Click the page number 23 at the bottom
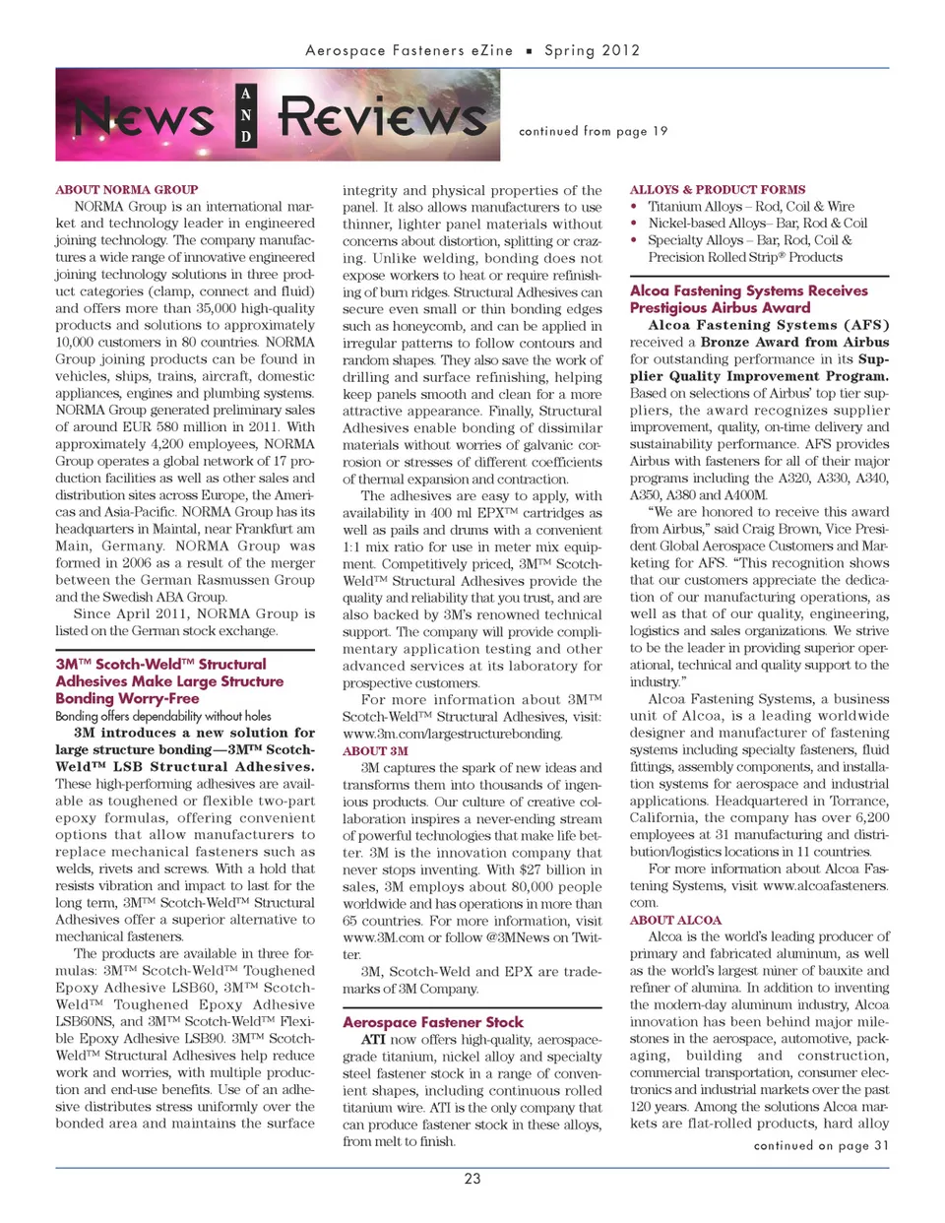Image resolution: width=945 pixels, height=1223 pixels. point(472,1179)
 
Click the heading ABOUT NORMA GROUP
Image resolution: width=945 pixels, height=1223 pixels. point(127,189)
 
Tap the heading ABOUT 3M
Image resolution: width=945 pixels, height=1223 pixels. point(375,750)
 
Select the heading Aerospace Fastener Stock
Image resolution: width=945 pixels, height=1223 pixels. point(433,1022)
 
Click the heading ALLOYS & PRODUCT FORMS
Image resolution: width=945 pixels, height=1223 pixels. point(718,189)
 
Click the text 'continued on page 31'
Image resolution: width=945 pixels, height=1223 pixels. point(821,1145)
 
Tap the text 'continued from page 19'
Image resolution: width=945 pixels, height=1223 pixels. point(593,131)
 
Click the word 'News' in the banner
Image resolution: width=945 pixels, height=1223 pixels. point(144,117)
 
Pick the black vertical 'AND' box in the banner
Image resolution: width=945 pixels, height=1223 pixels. point(246,115)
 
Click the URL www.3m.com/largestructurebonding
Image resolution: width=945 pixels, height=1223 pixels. point(453,734)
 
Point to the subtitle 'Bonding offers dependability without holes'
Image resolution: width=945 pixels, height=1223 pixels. point(163,716)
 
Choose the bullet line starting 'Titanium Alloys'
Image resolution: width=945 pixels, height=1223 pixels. point(750,207)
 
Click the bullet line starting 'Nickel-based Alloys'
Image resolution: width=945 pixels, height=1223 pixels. point(757,224)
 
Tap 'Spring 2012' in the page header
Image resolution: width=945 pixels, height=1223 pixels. point(593,50)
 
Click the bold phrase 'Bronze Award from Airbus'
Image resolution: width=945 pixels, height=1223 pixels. point(808,342)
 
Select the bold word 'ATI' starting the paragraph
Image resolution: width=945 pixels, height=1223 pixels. point(373,1040)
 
